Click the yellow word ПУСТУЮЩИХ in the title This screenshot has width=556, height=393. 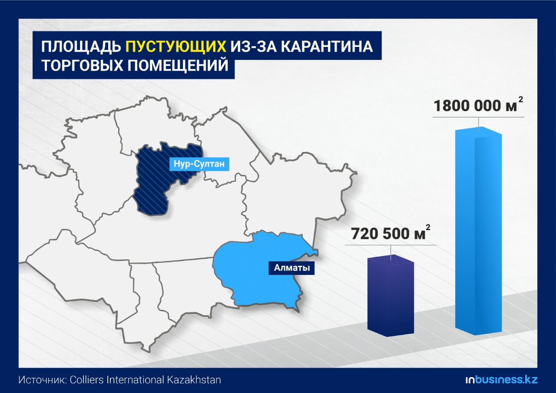(176, 46)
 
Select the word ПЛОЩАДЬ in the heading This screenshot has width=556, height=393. (81, 46)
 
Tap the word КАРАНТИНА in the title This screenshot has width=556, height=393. (327, 46)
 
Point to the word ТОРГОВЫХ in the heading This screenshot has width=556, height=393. (82, 65)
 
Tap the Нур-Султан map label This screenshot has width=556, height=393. (199, 164)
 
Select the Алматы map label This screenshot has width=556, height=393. (291, 268)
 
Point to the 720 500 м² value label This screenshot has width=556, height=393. (391, 233)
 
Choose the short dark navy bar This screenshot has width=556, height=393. (391, 295)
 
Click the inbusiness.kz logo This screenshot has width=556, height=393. (501, 380)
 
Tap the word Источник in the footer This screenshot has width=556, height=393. (43, 380)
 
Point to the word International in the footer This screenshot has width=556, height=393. (135, 380)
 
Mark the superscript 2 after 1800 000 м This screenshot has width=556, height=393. (520, 100)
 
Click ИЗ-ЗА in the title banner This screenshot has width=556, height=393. (254, 46)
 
